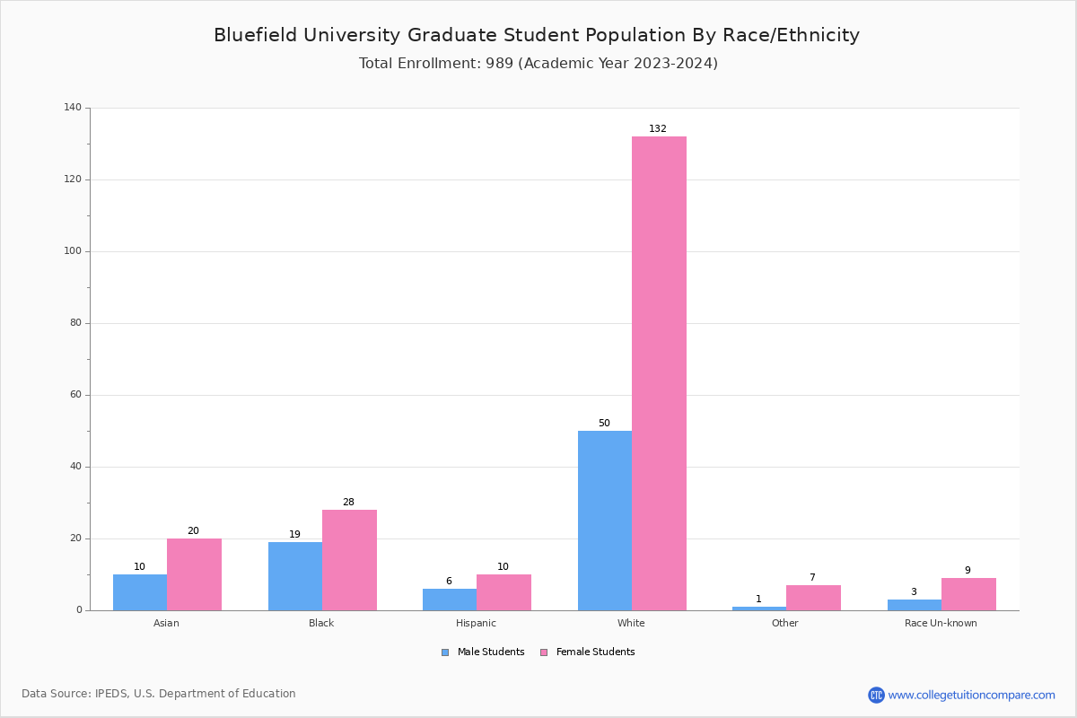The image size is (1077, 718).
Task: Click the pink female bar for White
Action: coord(659,373)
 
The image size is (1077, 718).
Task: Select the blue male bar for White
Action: coord(604,521)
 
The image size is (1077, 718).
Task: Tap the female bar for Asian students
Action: coord(194,574)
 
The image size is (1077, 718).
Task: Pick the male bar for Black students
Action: coord(294,576)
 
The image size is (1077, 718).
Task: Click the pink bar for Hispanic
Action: coord(503,592)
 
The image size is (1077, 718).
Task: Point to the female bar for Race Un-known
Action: coord(968,594)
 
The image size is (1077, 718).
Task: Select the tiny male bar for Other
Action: coord(758,609)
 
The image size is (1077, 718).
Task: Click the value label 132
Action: coord(658,129)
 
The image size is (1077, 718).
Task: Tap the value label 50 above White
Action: coord(604,424)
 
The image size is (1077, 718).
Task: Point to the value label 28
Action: coord(348,503)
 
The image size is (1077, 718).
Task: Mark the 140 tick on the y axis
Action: coord(73,108)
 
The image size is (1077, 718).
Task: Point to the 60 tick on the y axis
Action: coord(75,395)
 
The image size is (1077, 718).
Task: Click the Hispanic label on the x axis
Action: coord(476,623)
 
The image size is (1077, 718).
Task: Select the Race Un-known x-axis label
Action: coord(941,623)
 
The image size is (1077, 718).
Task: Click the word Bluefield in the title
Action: coord(255,35)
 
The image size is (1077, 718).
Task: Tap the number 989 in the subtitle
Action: coord(500,64)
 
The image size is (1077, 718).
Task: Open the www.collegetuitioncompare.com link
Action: coord(971,695)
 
